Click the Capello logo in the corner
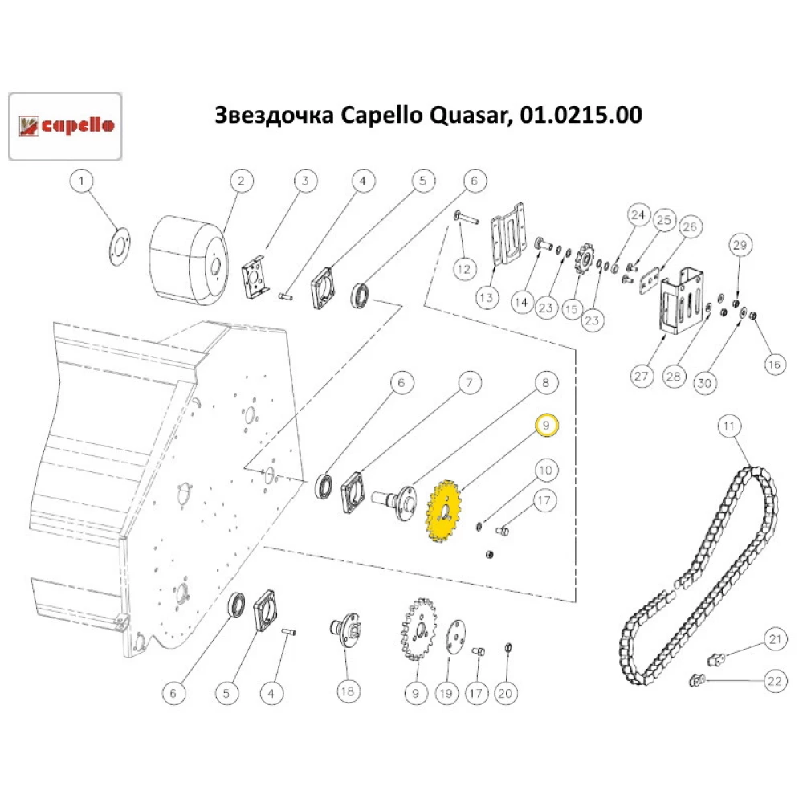[x=65, y=126]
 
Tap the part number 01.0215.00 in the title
[x=581, y=116]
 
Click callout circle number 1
[x=80, y=182]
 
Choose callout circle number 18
[x=347, y=690]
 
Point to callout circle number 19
[x=446, y=691]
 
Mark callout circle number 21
[x=773, y=640]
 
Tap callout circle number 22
[x=773, y=682]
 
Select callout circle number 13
[x=487, y=297]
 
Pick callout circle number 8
[x=545, y=384]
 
